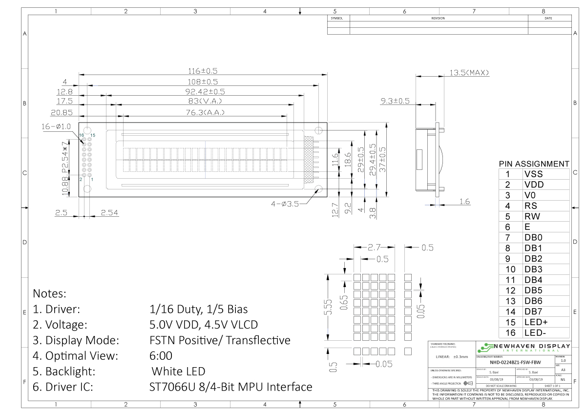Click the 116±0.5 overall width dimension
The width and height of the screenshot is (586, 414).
point(203,71)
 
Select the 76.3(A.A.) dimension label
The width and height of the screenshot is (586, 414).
point(203,112)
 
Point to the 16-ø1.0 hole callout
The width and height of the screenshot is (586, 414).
point(56,126)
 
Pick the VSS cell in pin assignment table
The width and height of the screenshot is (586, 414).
point(533,174)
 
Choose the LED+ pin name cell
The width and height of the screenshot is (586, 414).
point(536,322)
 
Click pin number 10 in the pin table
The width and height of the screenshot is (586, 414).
point(508,269)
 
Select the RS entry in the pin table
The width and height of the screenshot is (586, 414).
point(530,206)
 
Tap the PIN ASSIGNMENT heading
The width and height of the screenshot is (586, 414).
point(534,164)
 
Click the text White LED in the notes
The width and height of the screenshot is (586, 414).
point(178,371)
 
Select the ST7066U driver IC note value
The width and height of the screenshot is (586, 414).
point(230,387)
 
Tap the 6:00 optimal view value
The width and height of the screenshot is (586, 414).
point(161,355)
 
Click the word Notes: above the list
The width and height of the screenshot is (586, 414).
point(49,294)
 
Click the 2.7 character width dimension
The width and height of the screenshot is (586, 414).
point(374,248)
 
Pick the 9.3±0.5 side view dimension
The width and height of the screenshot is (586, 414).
point(395,102)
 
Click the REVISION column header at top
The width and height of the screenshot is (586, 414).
point(438,18)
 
